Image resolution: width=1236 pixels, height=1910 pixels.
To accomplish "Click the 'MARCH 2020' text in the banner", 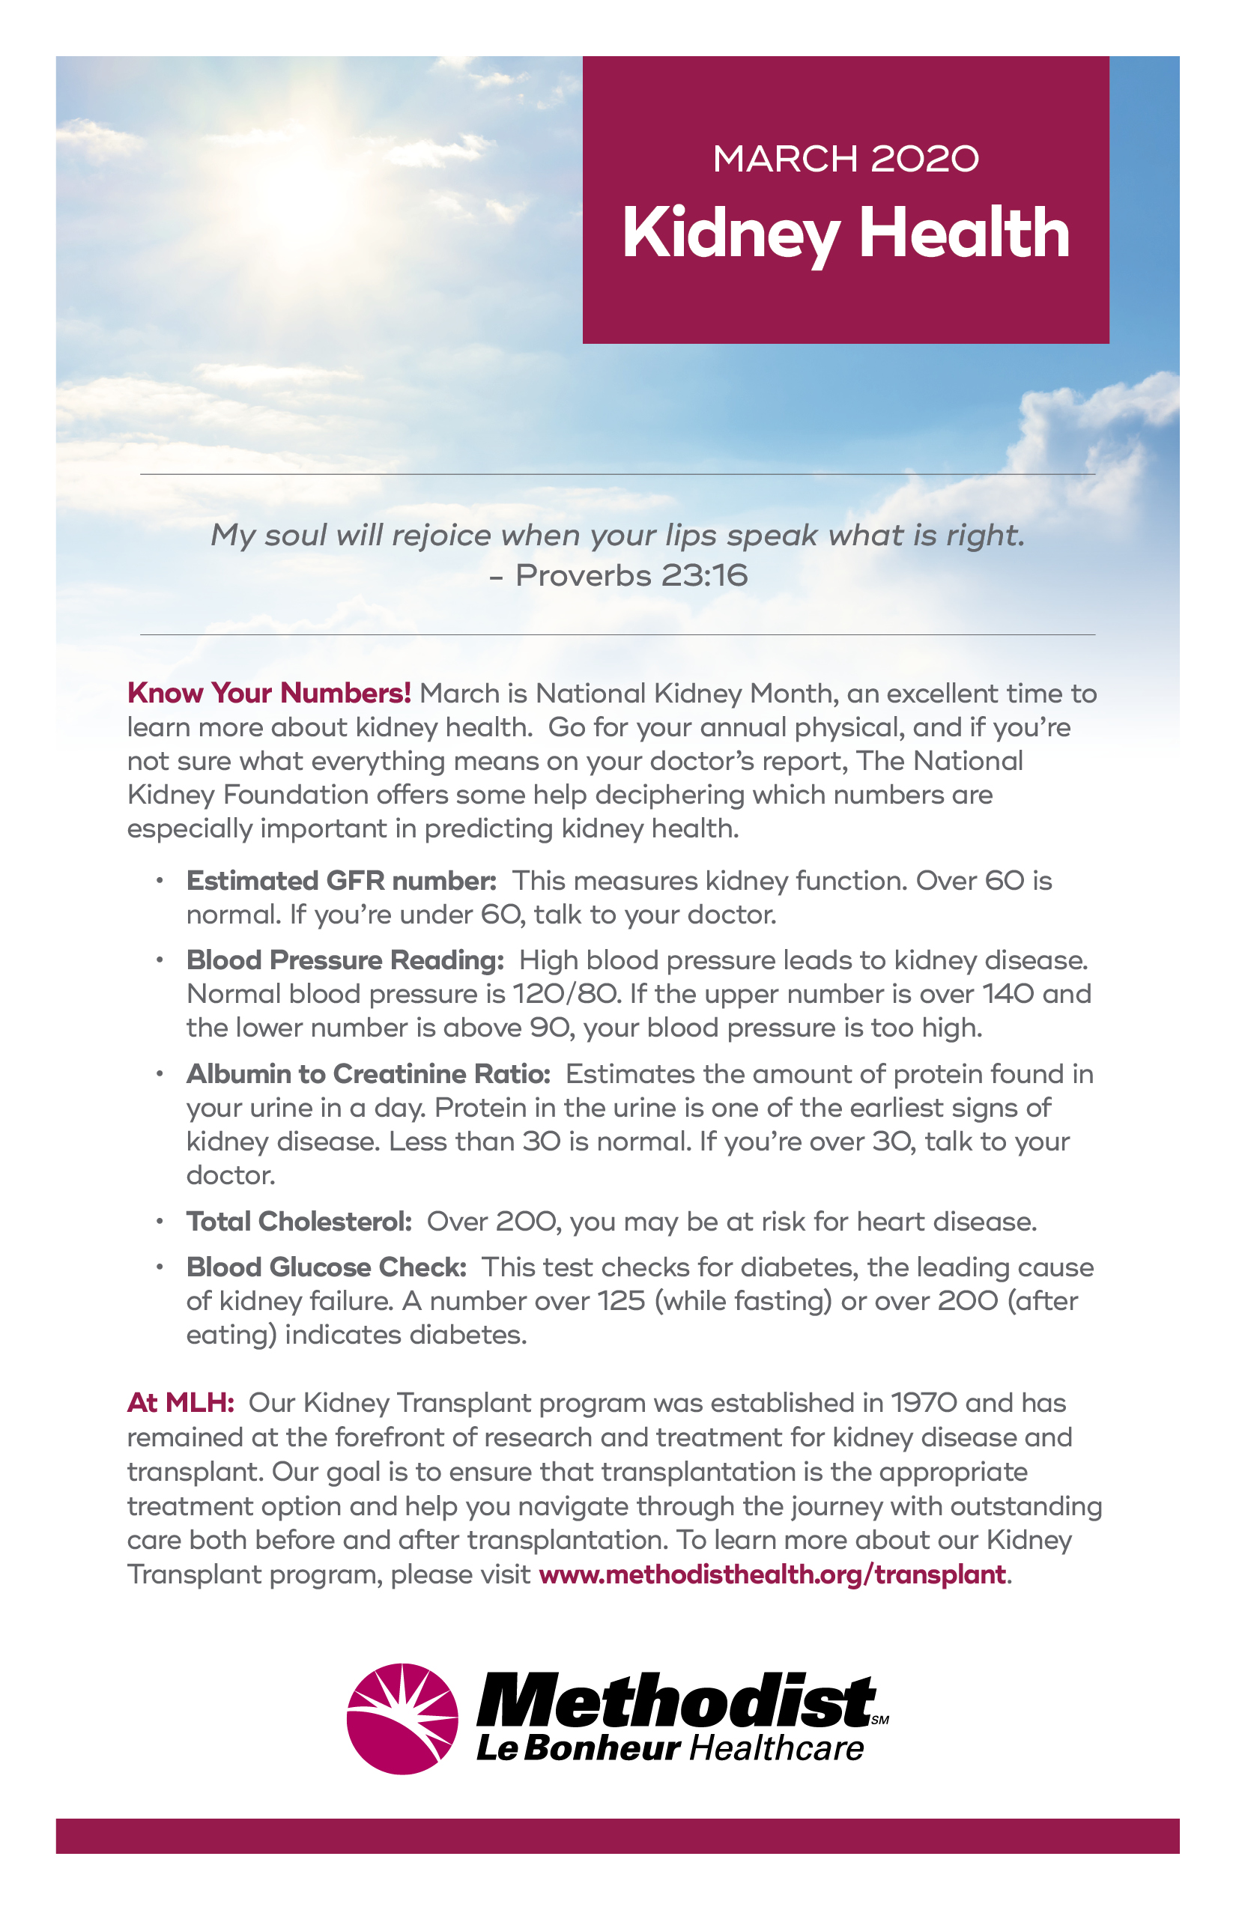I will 845,158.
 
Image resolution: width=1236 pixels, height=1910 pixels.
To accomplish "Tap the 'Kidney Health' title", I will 845,234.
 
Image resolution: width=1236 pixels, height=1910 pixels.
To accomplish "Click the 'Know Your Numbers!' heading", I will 269,693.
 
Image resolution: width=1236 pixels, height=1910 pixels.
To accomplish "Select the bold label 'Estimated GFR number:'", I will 341,880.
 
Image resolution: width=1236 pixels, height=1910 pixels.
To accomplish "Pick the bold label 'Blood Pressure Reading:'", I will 345,959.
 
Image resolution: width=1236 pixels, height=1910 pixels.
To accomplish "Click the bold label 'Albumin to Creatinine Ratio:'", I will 369,1074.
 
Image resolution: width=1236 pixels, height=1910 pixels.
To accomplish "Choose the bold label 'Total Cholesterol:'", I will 300,1222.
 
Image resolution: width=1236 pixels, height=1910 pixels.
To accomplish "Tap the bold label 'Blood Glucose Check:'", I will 326,1267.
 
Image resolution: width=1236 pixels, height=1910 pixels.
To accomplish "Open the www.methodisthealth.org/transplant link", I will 772,1574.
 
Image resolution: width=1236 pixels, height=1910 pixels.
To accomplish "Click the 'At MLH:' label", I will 181,1403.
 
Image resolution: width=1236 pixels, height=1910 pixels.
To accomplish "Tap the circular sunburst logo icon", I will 402,1719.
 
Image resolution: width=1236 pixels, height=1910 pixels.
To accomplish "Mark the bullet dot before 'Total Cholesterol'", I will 160,1222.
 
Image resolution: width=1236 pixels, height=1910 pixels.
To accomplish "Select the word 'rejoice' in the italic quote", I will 440,536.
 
